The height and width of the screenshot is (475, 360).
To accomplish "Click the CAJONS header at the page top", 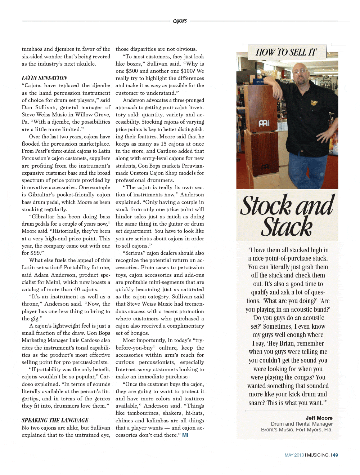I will pyautogui.click(x=180, y=21).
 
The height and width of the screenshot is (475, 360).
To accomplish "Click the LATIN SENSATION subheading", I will pyautogui.click(x=44, y=78).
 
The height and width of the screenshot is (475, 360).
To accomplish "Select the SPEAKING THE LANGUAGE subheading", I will pyautogui.click(x=55, y=420).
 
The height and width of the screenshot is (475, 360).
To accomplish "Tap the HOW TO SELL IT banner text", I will pyautogui.click(x=286, y=53).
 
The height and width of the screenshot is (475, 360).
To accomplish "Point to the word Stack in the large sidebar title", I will pyautogui.click(x=287, y=227).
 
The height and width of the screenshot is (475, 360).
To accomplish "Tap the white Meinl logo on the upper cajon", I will pyautogui.click(x=263, y=123).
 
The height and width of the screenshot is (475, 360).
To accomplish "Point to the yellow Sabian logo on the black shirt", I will pyautogui.click(x=314, y=102).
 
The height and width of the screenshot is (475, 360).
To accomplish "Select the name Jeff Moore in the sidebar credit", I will pyautogui.click(x=319, y=418).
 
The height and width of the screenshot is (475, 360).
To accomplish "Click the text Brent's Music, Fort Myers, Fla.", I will pyautogui.click(x=297, y=430).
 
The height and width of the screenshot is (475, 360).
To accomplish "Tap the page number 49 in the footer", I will pyautogui.click(x=335, y=455).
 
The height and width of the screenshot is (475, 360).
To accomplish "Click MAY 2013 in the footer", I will pyautogui.click(x=294, y=455).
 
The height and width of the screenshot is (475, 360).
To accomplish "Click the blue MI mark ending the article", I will pyautogui.click(x=185, y=435).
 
